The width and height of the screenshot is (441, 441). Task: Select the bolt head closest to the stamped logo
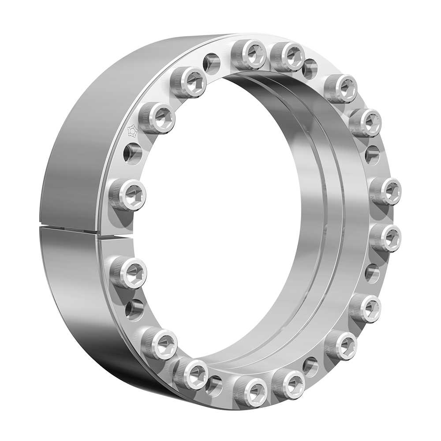[157, 118]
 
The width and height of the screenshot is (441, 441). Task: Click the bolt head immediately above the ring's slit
[127, 194]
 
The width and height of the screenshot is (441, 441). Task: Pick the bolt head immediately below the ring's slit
[128, 273]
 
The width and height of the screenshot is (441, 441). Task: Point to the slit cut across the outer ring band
[84, 228]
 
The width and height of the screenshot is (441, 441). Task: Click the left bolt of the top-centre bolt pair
[249, 55]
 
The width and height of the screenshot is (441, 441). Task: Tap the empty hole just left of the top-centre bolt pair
[212, 62]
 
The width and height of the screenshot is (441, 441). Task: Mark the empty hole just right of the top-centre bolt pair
[310, 69]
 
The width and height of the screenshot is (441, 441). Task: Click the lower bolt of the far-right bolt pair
[385, 238]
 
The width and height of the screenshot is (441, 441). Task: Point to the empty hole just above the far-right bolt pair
[372, 154]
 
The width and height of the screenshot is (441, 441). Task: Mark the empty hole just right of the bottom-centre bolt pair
[310, 366]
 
